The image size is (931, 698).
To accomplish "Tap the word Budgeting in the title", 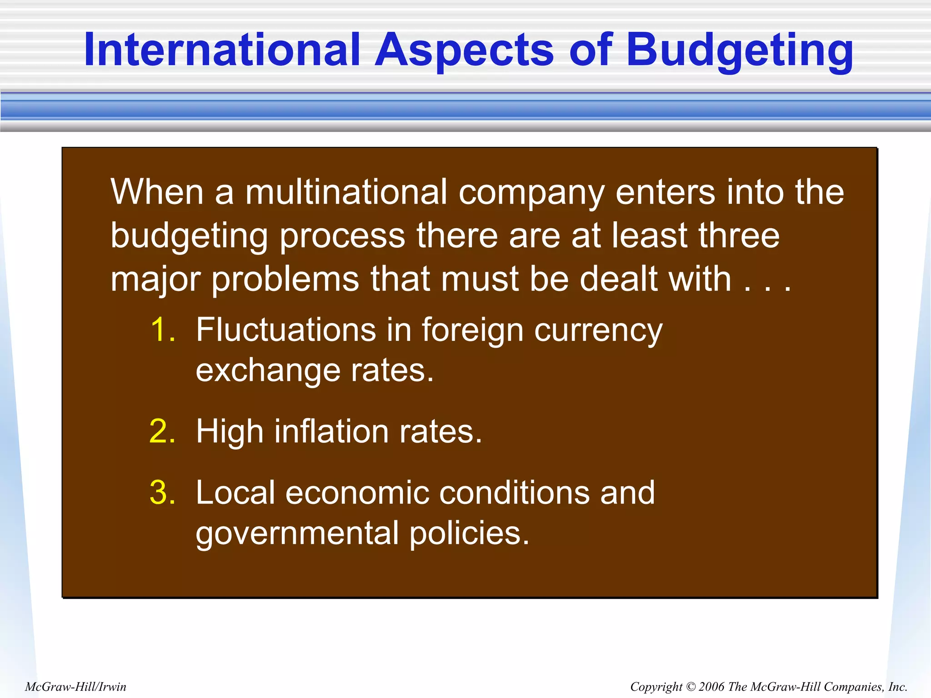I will [740, 51].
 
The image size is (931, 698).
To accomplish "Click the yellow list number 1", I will [162, 329].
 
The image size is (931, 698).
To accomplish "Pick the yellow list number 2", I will [162, 431].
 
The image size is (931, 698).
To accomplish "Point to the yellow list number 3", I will [162, 493].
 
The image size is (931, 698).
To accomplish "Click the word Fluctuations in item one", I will [286, 329].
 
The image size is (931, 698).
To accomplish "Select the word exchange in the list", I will [268, 371].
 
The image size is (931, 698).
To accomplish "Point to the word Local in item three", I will [235, 493].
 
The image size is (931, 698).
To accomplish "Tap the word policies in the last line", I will [469, 533].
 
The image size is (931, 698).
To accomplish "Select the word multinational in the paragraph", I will [346, 192].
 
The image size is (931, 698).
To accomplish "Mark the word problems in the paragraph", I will [285, 280].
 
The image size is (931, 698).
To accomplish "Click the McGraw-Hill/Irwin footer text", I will [75, 687].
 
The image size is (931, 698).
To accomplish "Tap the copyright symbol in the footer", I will [690, 687].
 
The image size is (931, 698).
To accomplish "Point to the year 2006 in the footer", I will [711, 687].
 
